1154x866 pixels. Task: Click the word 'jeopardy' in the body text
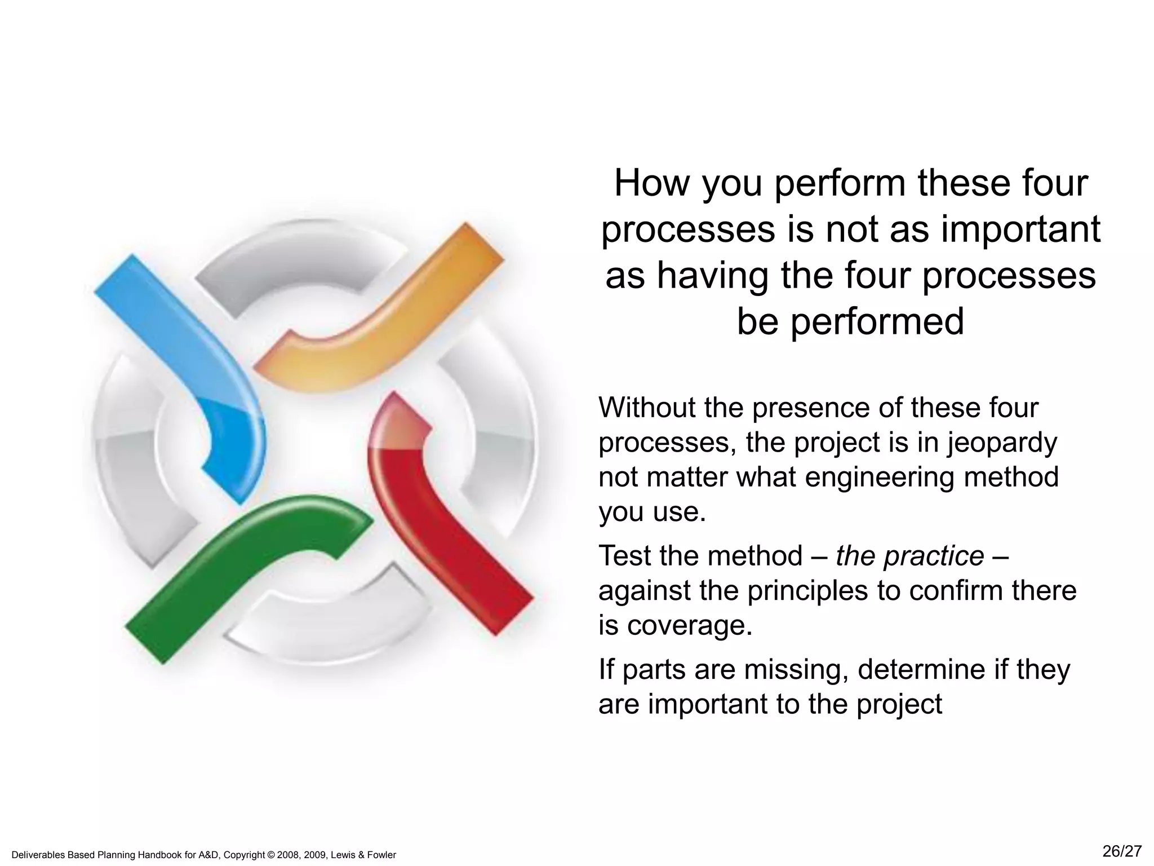point(1002,443)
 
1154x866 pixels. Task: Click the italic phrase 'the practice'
point(909,556)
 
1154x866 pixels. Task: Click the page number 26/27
point(1121,851)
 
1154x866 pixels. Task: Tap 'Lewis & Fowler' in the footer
point(369,855)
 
